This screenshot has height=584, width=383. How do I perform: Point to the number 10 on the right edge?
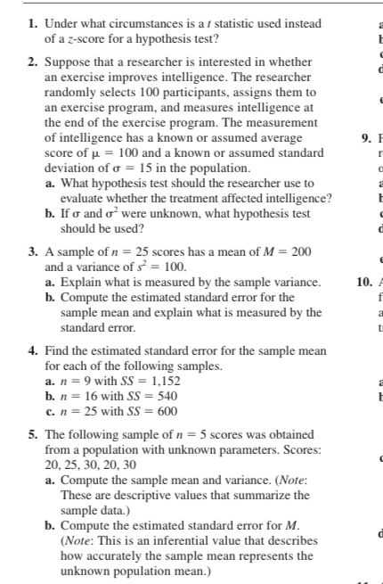[363, 283]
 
